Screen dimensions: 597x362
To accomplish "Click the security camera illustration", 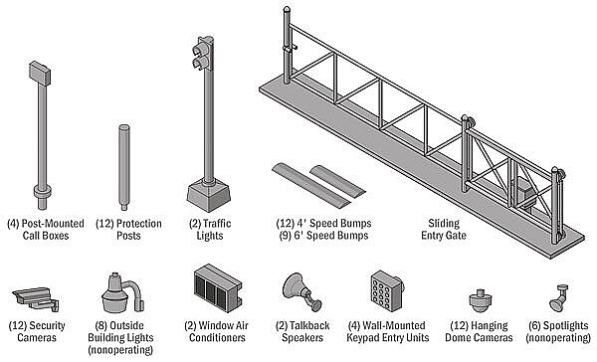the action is tap(36, 298).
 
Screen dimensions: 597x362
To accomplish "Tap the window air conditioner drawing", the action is tap(217, 287).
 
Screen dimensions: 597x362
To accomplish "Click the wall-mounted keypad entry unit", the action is tap(387, 290).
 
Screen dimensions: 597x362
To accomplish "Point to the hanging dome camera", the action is tap(481, 300).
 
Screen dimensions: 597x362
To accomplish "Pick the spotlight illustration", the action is tap(558, 298).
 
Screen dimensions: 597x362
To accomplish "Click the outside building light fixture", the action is tap(121, 293).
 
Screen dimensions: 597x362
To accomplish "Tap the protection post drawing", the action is tap(123, 167).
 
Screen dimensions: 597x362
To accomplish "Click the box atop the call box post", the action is tap(40, 73).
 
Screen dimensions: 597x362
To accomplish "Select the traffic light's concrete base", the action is tap(209, 196).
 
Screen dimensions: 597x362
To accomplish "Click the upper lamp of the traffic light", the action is tap(200, 49).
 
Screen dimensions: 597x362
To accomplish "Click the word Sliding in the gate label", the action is tap(444, 224).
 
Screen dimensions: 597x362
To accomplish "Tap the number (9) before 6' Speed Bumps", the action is tap(286, 236).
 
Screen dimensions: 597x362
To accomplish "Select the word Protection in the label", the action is tap(139, 224).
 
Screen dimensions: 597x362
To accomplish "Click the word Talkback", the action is tap(309, 326).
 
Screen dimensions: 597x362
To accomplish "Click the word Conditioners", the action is tap(217, 338).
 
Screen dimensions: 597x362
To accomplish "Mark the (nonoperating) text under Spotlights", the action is tap(558, 338).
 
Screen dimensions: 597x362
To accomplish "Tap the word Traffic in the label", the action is tap(217, 224).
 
